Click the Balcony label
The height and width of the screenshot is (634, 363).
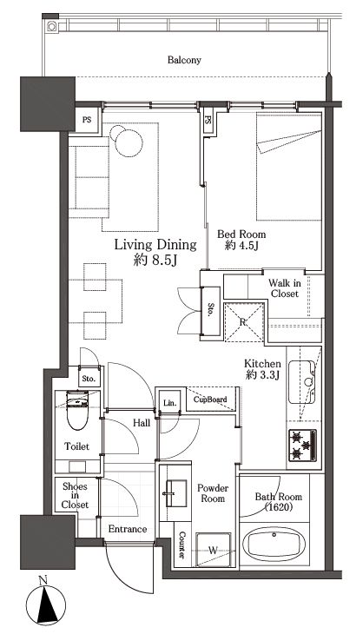(x=184, y=60)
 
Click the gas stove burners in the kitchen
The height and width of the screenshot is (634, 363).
(x=302, y=445)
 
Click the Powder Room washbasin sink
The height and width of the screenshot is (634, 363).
(x=175, y=493)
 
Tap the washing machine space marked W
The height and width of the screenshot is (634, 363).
(x=213, y=550)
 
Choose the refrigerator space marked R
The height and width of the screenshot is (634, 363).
(x=243, y=322)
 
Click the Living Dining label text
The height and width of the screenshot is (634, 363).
(x=155, y=245)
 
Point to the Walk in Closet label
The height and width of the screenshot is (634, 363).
(x=285, y=288)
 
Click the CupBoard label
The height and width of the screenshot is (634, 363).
(x=210, y=400)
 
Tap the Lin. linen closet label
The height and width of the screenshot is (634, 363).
(x=169, y=403)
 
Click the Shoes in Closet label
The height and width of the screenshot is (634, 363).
(x=76, y=495)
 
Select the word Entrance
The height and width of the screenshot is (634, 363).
(x=128, y=529)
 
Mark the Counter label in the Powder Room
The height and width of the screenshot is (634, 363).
(x=181, y=545)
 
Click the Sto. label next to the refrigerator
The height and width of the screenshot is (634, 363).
(x=211, y=310)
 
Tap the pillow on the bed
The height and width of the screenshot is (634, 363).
(x=289, y=141)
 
